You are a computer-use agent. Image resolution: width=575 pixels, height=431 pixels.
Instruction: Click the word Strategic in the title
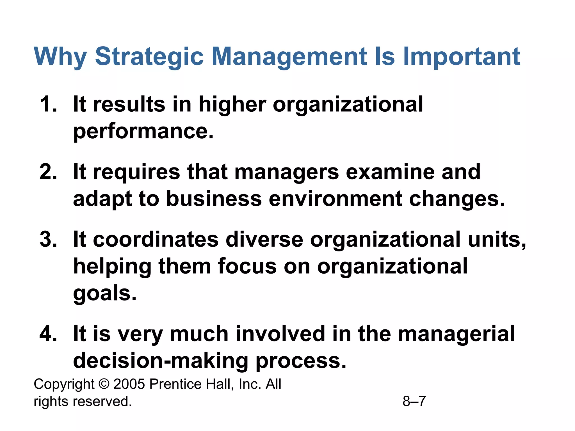[x=149, y=57]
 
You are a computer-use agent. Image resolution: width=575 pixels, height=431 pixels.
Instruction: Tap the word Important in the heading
[x=461, y=57]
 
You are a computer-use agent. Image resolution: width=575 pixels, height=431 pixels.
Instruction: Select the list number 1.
[x=48, y=104]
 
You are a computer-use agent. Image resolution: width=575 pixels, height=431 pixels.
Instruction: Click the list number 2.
[x=48, y=172]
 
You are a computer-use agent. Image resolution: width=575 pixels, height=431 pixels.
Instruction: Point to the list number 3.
[x=48, y=240]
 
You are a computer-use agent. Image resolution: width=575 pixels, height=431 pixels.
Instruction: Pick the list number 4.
[x=48, y=334]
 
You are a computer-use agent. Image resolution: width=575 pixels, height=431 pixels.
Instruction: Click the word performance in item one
[x=143, y=131]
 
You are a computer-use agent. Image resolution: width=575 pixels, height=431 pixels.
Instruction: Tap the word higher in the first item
[x=232, y=104]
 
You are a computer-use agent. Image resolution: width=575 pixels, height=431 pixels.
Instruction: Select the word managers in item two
[x=286, y=172]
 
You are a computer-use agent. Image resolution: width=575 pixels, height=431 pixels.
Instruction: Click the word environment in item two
[x=336, y=199]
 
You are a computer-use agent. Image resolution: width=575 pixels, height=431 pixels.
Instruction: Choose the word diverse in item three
[x=264, y=240]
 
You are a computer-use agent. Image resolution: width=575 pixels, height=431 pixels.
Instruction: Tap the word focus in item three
[x=247, y=267]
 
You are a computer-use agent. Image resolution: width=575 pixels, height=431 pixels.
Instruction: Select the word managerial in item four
[x=456, y=334]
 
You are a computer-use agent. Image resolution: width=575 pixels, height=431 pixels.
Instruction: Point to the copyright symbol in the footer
[x=104, y=384]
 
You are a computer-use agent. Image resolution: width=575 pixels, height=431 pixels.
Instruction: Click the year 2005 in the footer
[x=129, y=384]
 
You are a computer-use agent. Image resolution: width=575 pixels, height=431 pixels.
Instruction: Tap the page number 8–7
[x=414, y=401]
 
